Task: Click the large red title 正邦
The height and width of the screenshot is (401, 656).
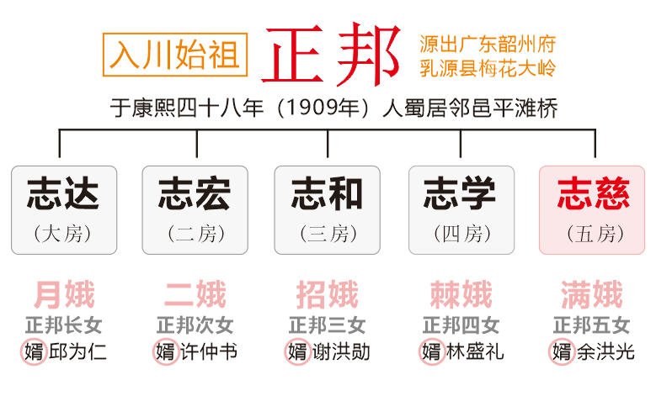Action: [330, 55]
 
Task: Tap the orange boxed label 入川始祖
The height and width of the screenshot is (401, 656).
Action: [175, 55]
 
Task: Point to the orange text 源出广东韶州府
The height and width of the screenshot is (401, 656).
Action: [488, 44]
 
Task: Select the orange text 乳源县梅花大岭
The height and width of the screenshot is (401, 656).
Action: [488, 68]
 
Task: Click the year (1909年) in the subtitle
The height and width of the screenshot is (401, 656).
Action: [323, 108]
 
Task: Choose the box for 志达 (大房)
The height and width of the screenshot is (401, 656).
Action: [64, 210]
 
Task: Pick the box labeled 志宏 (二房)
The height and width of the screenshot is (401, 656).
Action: [195, 210]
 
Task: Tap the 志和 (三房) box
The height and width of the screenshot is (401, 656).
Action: [328, 210]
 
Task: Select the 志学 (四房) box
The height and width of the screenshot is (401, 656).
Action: [461, 210]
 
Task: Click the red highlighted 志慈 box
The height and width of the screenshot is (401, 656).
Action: [592, 210]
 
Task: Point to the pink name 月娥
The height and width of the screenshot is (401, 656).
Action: [65, 294]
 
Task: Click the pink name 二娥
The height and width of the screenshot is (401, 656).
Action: [195, 294]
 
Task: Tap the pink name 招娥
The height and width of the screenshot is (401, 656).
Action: [328, 294]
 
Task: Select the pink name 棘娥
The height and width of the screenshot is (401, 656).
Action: [461, 294]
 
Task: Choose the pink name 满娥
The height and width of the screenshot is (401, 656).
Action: [591, 294]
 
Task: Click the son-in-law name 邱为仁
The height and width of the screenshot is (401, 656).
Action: [77, 351]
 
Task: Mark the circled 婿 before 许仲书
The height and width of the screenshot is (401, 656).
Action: [166, 351]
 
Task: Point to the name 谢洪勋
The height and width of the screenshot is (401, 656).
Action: [341, 351]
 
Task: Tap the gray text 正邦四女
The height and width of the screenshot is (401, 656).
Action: [461, 325]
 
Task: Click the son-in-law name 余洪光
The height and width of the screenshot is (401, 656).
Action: [605, 351]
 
